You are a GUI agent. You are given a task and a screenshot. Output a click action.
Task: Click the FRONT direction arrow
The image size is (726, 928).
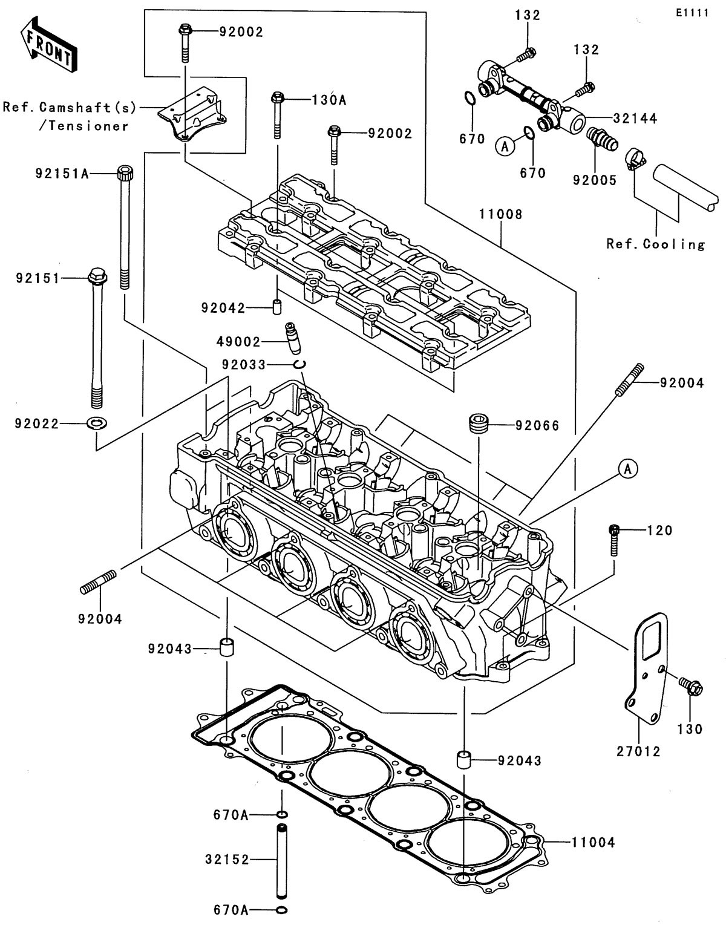[x=47, y=44]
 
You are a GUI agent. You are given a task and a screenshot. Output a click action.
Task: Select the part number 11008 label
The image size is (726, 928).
[x=500, y=214]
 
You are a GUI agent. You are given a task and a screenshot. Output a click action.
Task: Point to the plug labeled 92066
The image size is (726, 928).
[x=479, y=423]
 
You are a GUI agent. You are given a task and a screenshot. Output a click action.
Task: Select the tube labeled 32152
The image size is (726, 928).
[x=282, y=859]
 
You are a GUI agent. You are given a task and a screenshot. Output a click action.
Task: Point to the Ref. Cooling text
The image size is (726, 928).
[x=656, y=244]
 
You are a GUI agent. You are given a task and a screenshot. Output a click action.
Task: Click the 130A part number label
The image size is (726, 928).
[x=329, y=100]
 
